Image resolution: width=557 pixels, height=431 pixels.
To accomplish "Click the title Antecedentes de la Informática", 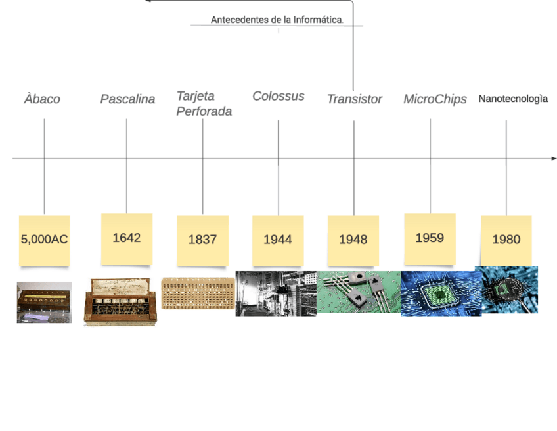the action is click(277, 20).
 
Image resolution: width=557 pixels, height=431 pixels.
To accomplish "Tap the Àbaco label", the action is click(42, 99).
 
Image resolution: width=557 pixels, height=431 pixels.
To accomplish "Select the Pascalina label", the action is click(127, 99).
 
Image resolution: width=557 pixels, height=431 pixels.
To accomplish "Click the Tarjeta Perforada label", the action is click(204, 104).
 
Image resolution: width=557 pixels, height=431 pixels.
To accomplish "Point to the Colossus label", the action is click(278, 96).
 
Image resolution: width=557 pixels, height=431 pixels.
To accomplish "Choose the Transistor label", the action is click(354, 99).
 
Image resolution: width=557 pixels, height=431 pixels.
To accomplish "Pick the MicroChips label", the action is click(435, 99).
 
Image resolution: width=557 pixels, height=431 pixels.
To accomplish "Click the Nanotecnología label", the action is click(513, 99).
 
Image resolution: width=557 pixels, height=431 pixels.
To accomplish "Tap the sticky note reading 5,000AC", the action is click(44, 240).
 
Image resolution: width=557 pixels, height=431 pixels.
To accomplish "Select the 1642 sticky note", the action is click(127, 238).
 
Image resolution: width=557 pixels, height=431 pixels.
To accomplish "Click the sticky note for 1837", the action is click(202, 240).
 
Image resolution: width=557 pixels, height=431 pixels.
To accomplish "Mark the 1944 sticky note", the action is click(278, 240).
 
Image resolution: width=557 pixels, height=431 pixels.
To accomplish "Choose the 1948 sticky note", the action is click(353, 240).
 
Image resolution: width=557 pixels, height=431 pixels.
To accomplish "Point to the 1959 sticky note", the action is click(430, 238).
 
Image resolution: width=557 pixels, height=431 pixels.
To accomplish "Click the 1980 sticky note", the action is click(506, 240).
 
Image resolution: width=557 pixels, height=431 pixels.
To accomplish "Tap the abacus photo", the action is click(44, 303).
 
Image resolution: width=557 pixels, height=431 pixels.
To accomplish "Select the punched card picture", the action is click(198, 293).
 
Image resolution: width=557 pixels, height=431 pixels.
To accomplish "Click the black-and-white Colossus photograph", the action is click(276, 293).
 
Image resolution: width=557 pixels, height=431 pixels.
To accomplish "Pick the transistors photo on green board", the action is click(359, 292).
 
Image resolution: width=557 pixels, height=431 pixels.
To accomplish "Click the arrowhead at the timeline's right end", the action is click(554, 159).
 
